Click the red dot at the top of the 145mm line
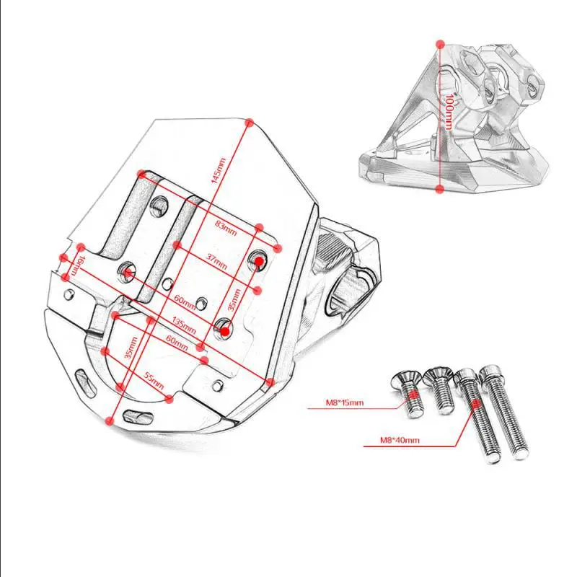tap(250, 123)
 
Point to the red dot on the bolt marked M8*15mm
tap(412, 395)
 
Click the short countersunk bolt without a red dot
tap(441, 389)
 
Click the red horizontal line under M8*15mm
tap(353, 408)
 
